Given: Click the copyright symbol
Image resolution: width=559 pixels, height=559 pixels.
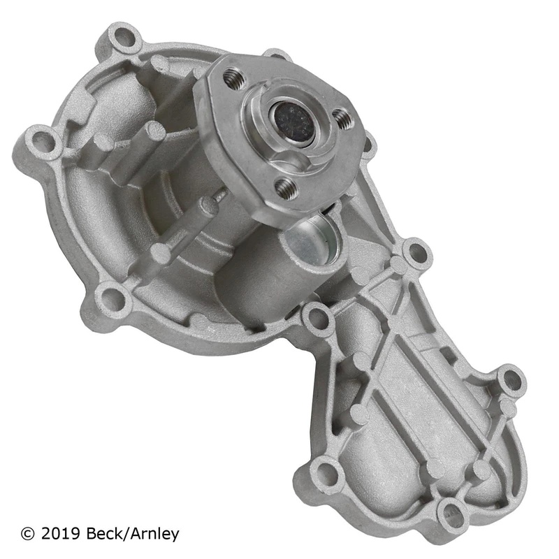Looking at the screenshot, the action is pyautogui.click(x=28, y=534).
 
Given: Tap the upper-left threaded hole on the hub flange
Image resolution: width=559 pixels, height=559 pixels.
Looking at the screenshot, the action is pyautogui.click(x=234, y=79).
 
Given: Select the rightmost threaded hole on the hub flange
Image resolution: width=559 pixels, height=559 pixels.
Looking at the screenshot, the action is pyautogui.click(x=343, y=118).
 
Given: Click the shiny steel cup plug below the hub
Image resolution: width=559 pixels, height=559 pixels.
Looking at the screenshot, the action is pyautogui.click(x=311, y=238).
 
